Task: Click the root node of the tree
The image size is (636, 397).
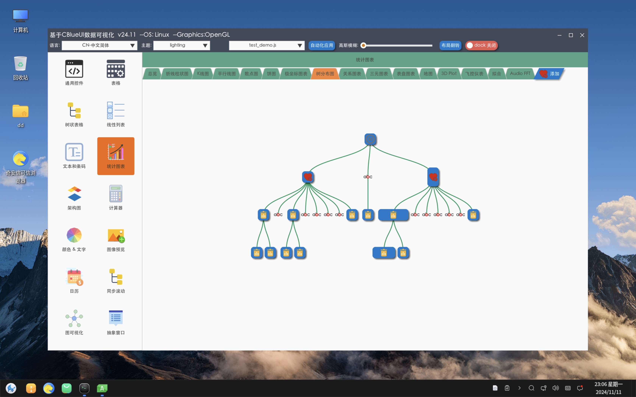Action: click(x=370, y=139)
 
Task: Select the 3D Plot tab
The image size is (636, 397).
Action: click(x=449, y=74)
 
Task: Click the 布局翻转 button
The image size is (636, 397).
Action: click(x=450, y=45)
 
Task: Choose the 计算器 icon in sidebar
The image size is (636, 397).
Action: click(x=116, y=194)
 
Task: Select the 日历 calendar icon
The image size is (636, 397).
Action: click(x=74, y=277)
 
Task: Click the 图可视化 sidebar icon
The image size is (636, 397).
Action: click(x=74, y=318)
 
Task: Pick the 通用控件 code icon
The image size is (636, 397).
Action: click(x=74, y=69)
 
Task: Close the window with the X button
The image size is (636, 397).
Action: click(x=582, y=35)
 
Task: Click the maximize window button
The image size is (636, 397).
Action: click(x=571, y=35)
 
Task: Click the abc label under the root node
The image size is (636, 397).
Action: click(x=368, y=177)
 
